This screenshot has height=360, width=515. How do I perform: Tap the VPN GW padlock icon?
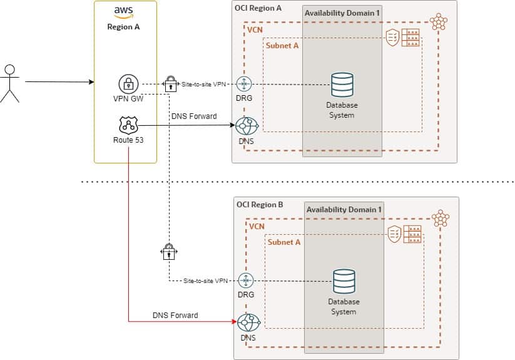[x=128, y=84]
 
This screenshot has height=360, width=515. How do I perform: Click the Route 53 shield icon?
[x=128, y=125]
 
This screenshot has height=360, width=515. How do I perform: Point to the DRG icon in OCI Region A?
[x=245, y=85]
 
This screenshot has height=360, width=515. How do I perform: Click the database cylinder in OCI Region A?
[x=342, y=85]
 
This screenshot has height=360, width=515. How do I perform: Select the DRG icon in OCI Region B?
[x=247, y=280]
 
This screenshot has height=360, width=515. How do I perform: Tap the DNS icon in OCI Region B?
[x=248, y=322]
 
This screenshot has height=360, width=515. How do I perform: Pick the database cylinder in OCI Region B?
[x=344, y=281]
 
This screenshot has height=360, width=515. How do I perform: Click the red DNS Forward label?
[x=175, y=315]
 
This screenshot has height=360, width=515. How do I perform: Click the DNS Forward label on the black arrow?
[x=193, y=116]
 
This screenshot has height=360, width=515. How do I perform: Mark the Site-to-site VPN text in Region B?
[x=206, y=281]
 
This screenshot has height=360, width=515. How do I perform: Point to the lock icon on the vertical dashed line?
[x=169, y=252]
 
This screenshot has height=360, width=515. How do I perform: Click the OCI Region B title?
[x=260, y=205]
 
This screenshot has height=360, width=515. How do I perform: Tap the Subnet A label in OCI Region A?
[x=283, y=46]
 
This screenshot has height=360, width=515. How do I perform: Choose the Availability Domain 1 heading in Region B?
[x=344, y=209]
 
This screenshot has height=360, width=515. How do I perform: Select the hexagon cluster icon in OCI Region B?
[x=441, y=219]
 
